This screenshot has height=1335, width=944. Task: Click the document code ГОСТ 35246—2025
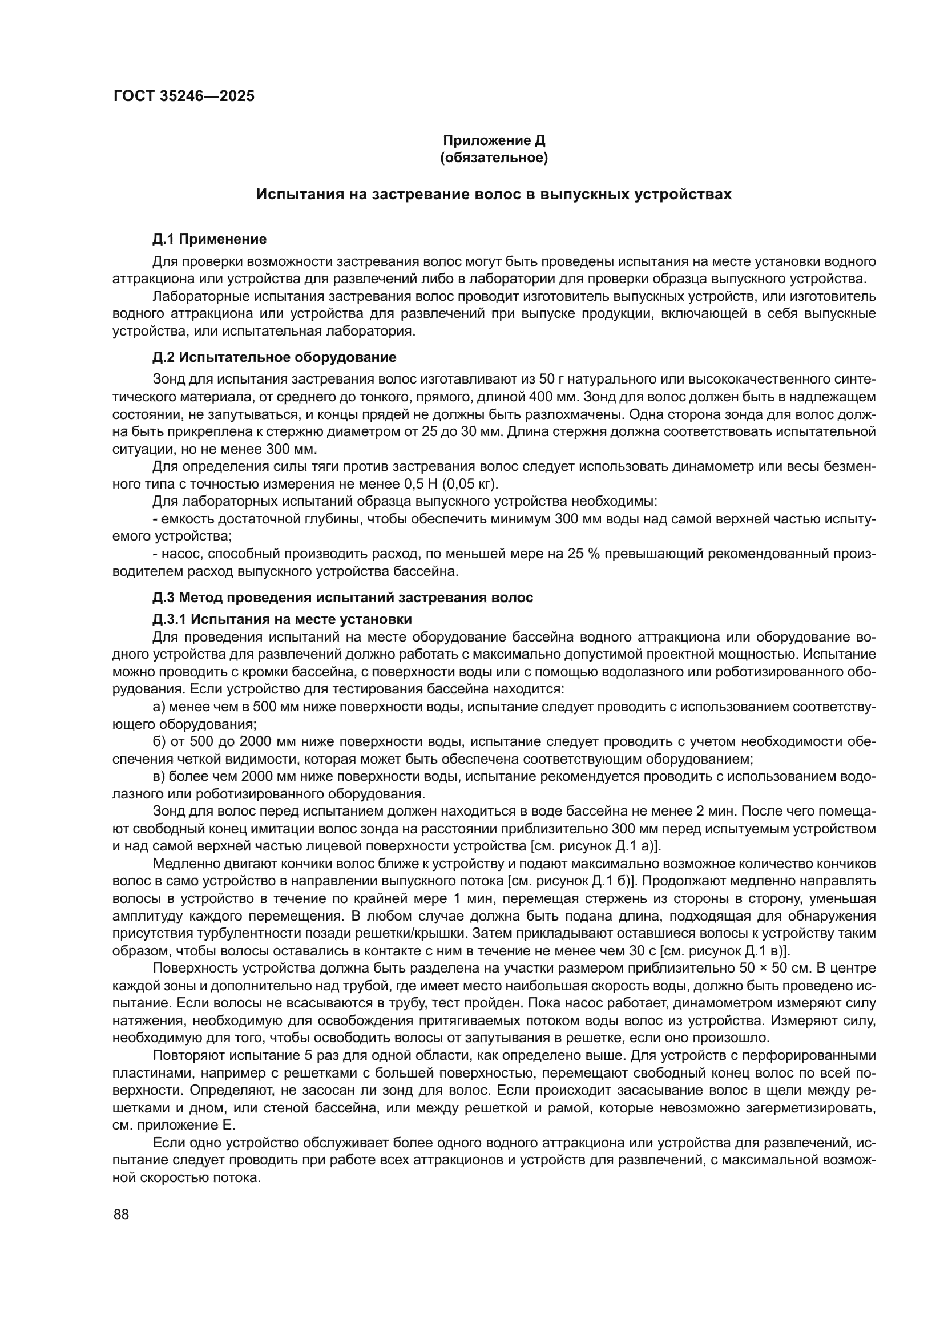coord(184,96)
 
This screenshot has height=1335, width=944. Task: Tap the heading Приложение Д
coord(494,140)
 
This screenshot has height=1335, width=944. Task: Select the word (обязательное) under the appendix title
coord(494,158)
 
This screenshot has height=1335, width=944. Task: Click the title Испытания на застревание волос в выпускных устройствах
coord(494,194)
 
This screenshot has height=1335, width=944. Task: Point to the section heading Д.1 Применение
coord(209,239)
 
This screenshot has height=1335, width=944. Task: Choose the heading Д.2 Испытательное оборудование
coord(275,357)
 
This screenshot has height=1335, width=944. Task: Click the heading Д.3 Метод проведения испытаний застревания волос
coord(342,597)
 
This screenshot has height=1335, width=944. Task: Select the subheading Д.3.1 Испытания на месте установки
coord(282,619)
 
